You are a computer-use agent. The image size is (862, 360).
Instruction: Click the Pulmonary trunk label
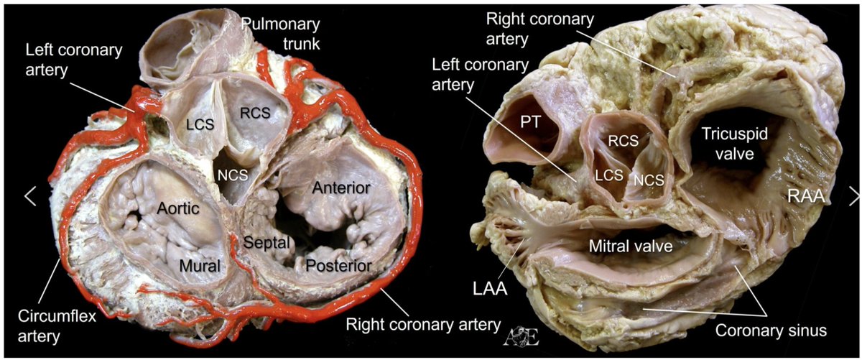point(281,34)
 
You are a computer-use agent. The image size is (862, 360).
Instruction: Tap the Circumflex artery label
point(57,326)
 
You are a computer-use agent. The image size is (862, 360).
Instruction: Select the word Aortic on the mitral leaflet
point(178,208)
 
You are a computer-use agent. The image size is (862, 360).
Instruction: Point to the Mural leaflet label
point(200,266)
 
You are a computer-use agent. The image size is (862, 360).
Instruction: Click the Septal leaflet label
point(267,243)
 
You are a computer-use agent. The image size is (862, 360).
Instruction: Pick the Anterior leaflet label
point(341,188)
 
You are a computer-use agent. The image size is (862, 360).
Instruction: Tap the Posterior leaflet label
point(338,266)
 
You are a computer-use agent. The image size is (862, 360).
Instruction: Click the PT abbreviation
point(531,122)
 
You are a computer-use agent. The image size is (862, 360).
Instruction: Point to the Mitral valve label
point(631,246)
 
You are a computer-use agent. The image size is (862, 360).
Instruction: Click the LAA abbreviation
point(490,288)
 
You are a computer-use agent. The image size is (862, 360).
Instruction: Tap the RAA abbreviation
point(806,196)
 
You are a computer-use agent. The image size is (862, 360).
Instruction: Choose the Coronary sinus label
point(771,331)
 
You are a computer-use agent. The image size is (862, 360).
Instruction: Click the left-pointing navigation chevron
point(30,195)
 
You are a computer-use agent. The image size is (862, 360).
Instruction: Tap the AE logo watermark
point(522,336)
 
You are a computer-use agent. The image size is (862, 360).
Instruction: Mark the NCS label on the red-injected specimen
point(233,175)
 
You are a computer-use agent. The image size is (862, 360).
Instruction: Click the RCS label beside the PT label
point(623,141)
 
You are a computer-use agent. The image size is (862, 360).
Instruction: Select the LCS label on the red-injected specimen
point(200,124)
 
